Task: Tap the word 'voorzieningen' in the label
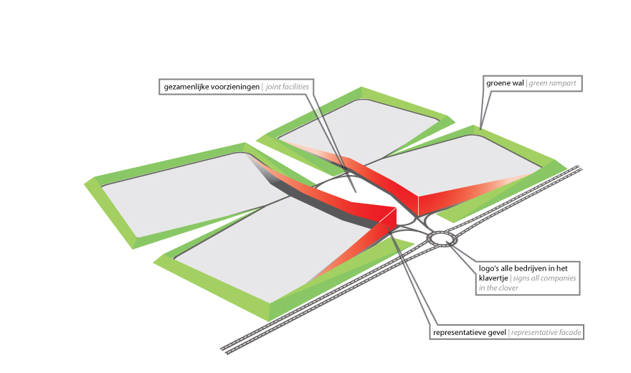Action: pyautogui.click(x=235, y=87)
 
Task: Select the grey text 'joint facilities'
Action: pyautogui.click(x=288, y=87)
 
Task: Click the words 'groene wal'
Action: pyautogui.click(x=505, y=83)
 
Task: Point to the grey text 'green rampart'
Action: pyautogui.click(x=552, y=83)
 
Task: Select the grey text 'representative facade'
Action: pyautogui.click(x=546, y=333)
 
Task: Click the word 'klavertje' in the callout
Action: pyautogui.click(x=493, y=278)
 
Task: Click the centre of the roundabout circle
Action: pyautogui.click(x=442, y=240)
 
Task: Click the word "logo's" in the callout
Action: pyautogui.click(x=488, y=269)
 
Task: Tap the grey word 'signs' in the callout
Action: pyautogui.click(x=521, y=278)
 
